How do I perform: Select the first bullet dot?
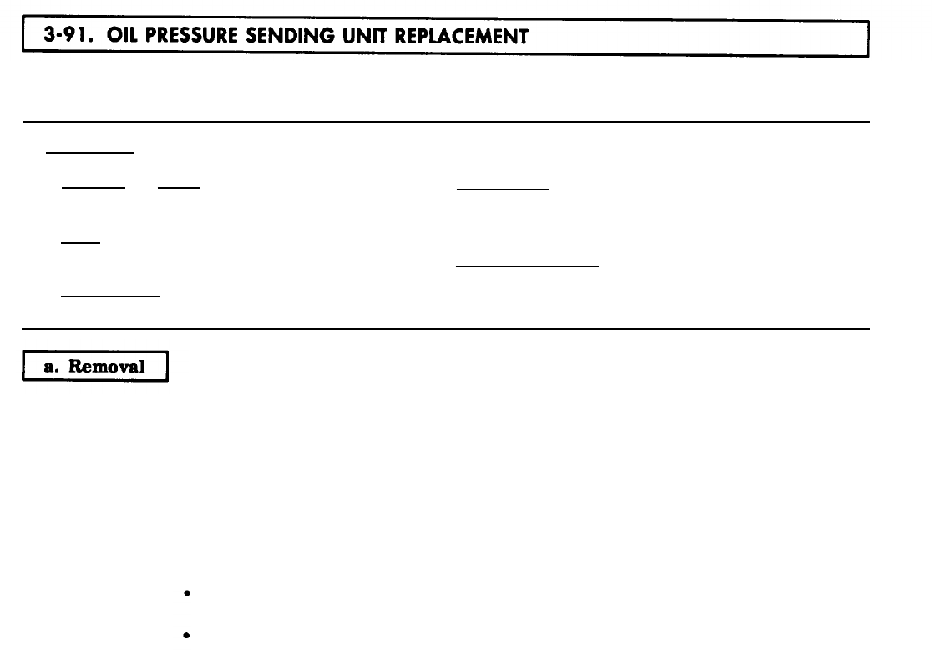point(183,594)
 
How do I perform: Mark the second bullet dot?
point(183,636)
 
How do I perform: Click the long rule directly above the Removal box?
point(446,328)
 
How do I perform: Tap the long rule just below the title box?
point(446,122)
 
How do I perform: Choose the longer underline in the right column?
point(527,266)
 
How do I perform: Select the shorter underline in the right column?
point(502,190)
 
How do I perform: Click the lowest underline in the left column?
point(109,296)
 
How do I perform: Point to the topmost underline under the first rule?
point(89,153)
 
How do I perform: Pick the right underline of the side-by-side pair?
point(178,187)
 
